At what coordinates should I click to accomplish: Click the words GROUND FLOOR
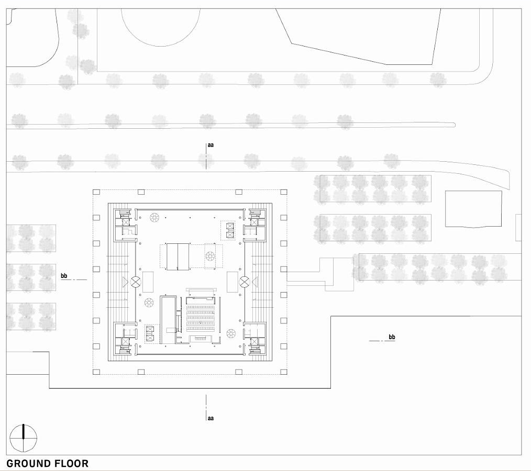[x=48, y=463]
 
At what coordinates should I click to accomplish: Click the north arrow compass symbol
[x=24, y=438]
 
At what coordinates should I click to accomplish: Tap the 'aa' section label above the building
[x=211, y=145]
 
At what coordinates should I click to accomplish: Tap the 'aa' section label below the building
[x=211, y=418]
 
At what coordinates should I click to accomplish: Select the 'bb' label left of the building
[x=64, y=276]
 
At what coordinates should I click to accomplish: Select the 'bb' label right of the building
[x=392, y=337]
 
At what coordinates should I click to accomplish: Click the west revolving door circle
[x=136, y=281]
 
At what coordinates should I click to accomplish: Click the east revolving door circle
[x=245, y=281]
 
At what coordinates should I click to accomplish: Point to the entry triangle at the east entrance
[x=255, y=281]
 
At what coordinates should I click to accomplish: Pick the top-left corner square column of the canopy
[x=96, y=192]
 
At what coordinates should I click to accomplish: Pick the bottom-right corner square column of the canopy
[x=284, y=372]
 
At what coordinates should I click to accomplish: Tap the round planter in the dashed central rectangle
[x=209, y=256]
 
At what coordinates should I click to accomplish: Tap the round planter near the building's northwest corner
[x=155, y=217]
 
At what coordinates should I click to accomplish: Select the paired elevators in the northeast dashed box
[x=230, y=230]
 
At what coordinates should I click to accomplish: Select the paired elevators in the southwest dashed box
[x=150, y=333]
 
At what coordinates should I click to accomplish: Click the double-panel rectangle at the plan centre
[x=178, y=256]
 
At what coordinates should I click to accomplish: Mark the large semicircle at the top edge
[x=161, y=27]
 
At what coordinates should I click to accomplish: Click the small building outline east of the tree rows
[x=473, y=209]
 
